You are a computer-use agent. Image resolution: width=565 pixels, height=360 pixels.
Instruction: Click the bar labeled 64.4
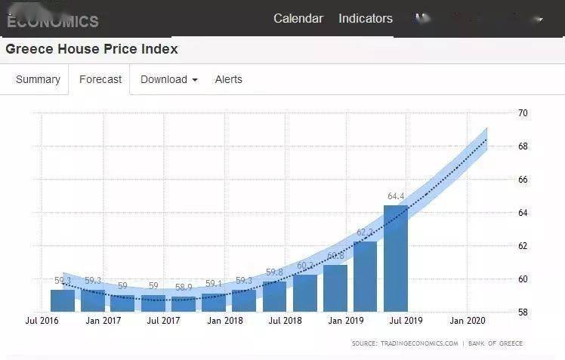coord(396,258)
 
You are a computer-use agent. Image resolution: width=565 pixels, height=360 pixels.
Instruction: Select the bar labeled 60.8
coord(335,288)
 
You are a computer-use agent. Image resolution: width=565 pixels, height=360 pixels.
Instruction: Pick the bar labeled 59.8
coord(274,296)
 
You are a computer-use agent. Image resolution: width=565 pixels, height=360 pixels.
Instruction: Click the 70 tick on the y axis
coord(523,113)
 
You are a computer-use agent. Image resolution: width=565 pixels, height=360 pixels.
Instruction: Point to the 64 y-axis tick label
coord(523,213)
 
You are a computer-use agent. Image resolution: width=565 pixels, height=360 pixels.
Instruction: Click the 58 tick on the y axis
coord(523,312)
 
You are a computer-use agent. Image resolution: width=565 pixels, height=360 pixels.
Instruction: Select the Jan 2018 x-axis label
coord(224,321)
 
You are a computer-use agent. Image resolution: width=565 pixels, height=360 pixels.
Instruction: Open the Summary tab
coord(38,79)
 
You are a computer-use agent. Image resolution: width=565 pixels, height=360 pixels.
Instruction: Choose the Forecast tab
coord(100,79)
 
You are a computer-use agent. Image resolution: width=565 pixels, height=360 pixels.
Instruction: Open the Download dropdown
coord(168,79)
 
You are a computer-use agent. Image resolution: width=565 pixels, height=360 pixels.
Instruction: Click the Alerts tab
coord(229,79)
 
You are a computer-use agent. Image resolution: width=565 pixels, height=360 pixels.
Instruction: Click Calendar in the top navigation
coord(298,19)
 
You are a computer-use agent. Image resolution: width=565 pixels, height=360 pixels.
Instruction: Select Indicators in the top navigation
coord(366,19)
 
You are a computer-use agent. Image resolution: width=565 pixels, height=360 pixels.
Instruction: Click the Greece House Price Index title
coord(92,50)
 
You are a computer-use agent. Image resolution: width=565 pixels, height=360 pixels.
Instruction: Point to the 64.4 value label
coord(397,197)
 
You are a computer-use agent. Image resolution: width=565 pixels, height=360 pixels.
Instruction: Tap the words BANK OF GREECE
coord(496,343)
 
